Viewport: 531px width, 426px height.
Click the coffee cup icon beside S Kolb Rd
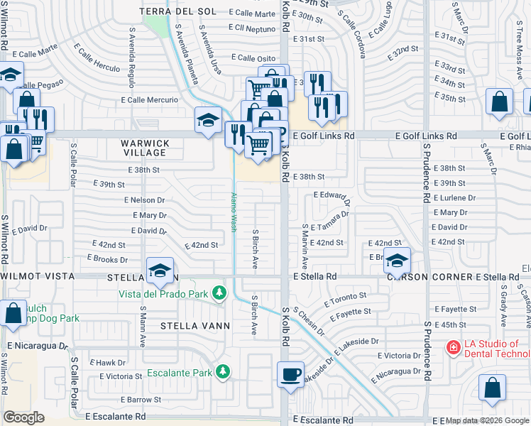click(290, 373)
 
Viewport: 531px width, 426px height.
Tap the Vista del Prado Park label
click(163, 293)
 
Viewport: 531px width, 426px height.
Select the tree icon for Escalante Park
click(223, 371)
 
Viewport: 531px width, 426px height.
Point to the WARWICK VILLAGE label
click(145, 148)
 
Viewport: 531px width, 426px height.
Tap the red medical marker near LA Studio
click(452, 347)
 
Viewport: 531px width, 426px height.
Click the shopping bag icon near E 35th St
click(499, 102)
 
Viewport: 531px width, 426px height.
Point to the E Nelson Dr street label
click(144, 200)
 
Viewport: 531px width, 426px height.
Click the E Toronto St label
click(345, 298)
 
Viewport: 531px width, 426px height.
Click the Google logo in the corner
click(23, 417)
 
